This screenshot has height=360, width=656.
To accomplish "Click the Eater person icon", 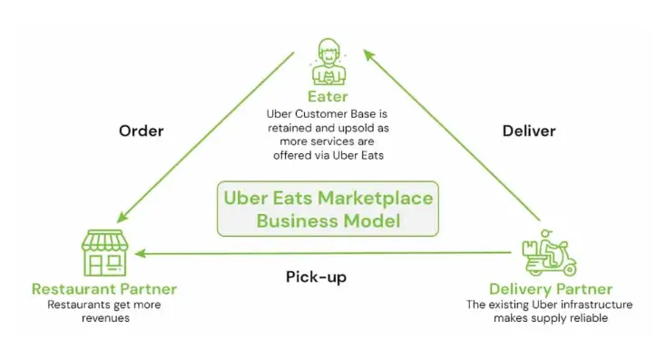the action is [328, 62].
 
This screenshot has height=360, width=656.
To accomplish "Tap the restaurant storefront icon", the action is [104, 252].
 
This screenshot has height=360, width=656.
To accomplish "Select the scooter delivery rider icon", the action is [549, 252].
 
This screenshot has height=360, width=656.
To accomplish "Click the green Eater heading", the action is [328, 97].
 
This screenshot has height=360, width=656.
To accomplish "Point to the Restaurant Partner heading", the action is [104, 289].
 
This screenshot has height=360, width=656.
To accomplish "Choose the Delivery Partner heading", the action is [551, 289].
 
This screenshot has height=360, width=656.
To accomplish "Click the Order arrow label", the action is [142, 131].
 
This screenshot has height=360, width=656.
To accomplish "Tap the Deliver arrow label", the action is [529, 131].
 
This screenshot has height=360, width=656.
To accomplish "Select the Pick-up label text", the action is [317, 277].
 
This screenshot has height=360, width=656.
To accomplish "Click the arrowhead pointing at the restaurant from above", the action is [122, 217].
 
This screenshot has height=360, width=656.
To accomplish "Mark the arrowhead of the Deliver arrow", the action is [368, 54].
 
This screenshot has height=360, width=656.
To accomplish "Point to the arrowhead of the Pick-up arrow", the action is [140, 253].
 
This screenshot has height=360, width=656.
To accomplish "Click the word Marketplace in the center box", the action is [376, 199].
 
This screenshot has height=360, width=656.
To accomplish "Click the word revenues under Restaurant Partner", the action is [105, 318].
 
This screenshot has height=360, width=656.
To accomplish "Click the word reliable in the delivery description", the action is [588, 318].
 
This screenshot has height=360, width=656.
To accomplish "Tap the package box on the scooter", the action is [530, 248].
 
